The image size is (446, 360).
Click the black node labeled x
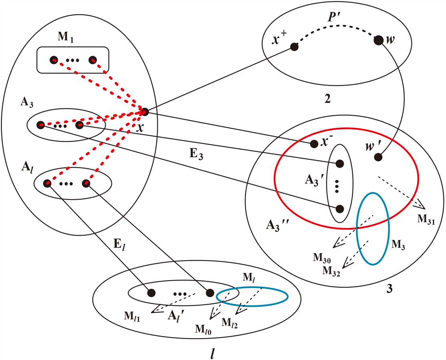click(x=145, y=112)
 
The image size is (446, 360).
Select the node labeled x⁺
click(x=294, y=47)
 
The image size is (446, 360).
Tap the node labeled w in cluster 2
click(x=377, y=40)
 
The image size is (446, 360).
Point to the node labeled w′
click(x=377, y=157)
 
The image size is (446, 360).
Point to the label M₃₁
click(x=426, y=219)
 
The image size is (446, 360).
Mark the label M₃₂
click(x=331, y=271)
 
